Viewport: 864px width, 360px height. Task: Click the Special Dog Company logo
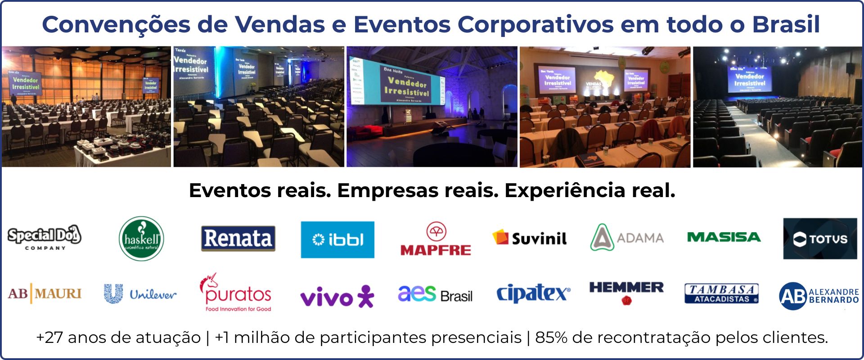click(x=44, y=238)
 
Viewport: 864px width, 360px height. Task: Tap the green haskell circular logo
click(x=141, y=238)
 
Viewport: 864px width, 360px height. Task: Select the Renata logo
click(x=238, y=238)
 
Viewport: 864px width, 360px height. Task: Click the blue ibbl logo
click(x=337, y=239)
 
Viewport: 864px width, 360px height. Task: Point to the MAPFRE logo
click(x=436, y=239)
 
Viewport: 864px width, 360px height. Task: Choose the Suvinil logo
click(x=530, y=238)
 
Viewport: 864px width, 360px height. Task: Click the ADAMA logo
click(x=627, y=237)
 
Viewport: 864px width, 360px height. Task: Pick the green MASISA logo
click(x=724, y=237)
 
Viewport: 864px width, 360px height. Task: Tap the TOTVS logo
click(x=820, y=238)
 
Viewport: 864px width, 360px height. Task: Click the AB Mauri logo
click(x=45, y=293)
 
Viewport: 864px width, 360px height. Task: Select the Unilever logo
click(x=140, y=294)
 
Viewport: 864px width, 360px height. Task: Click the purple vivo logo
click(x=337, y=297)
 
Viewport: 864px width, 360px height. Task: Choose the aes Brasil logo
click(x=435, y=294)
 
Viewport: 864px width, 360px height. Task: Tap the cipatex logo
click(x=533, y=293)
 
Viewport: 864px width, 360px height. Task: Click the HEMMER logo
click(x=626, y=292)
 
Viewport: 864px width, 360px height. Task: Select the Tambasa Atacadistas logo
click(x=721, y=293)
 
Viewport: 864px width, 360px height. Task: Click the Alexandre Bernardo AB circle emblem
click(x=793, y=296)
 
